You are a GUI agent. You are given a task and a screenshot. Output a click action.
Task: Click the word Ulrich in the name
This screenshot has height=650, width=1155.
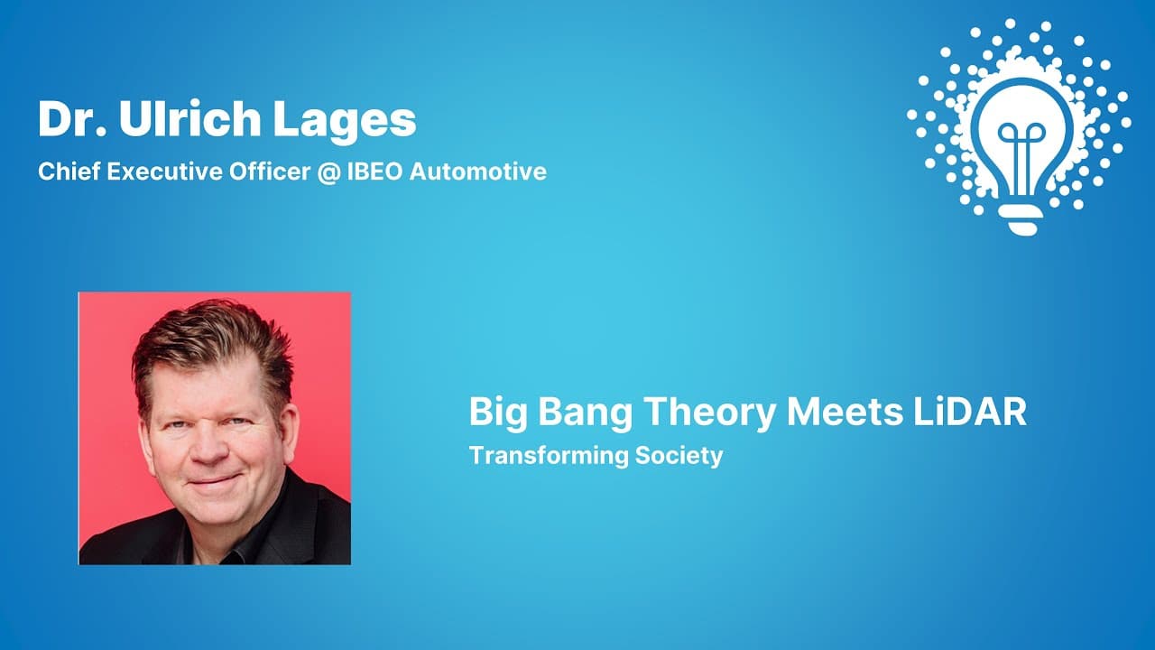click(189, 119)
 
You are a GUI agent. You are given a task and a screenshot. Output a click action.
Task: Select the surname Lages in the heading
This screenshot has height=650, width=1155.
click(344, 122)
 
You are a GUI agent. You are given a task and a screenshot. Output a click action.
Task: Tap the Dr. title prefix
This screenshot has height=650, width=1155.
click(72, 119)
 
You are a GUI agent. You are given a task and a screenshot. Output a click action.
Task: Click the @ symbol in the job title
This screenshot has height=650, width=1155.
click(328, 172)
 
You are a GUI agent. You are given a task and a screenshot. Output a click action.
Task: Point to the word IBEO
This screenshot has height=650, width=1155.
click(374, 172)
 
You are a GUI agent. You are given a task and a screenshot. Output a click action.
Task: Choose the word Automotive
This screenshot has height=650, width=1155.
click(478, 172)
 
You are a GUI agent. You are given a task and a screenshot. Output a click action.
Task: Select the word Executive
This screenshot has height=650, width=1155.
click(164, 172)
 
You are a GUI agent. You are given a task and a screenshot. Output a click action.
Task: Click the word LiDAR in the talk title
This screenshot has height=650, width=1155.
click(970, 412)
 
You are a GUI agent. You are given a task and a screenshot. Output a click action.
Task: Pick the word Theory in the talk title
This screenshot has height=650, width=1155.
click(709, 413)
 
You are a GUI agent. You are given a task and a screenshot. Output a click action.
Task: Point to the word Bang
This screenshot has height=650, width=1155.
click(585, 413)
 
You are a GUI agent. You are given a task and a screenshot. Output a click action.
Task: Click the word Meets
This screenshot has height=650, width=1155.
click(845, 412)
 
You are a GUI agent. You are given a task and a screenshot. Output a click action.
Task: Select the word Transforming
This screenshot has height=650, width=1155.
click(549, 457)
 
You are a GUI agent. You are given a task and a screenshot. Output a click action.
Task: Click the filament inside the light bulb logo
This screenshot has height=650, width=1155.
click(1021, 154)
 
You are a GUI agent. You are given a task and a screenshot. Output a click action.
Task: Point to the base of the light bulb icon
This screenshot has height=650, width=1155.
click(1021, 219)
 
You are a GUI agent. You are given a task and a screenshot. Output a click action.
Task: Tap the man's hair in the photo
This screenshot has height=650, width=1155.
click(211, 351)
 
